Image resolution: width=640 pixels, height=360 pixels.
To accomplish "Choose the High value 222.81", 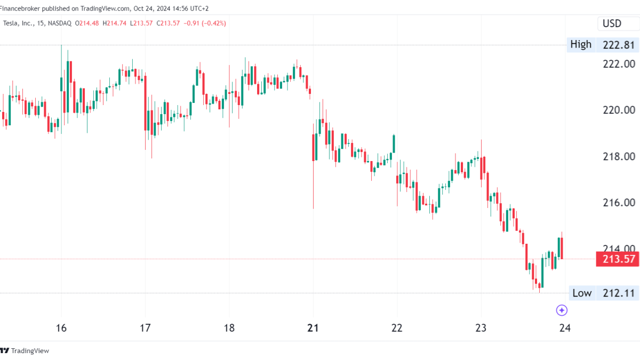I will click(x=619, y=45).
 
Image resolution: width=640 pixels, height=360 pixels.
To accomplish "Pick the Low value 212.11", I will click(x=619, y=293).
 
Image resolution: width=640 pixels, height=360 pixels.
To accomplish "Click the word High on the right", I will click(x=581, y=45).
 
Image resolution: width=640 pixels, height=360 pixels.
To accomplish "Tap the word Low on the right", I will click(x=582, y=293).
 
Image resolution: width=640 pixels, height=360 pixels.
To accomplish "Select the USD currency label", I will click(x=612, y=23).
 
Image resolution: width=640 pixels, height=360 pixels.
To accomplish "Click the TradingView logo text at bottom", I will click(x=30, y=350).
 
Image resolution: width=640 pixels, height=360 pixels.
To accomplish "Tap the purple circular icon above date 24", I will click(x=562, y=310).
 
